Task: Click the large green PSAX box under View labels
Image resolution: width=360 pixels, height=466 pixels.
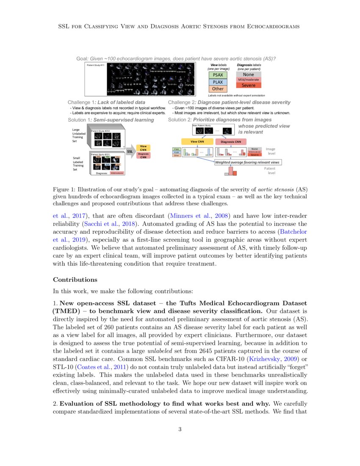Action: coord(218,75)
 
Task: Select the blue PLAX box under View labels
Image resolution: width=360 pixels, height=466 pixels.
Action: coord(218,82)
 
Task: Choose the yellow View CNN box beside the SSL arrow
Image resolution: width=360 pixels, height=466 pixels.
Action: coord(144,148)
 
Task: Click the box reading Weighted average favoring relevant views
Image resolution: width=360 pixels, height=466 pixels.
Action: coord(248,162)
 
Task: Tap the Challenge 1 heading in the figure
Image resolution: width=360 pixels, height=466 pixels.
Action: coord(106,103)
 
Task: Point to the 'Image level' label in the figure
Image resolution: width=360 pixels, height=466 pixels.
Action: coord(270,151)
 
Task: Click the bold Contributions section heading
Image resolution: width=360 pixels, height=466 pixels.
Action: coord(75,280)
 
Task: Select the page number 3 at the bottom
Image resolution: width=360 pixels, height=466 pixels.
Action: coord(180,429)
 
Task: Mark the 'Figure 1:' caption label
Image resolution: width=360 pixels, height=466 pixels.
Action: coord(65,189)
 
